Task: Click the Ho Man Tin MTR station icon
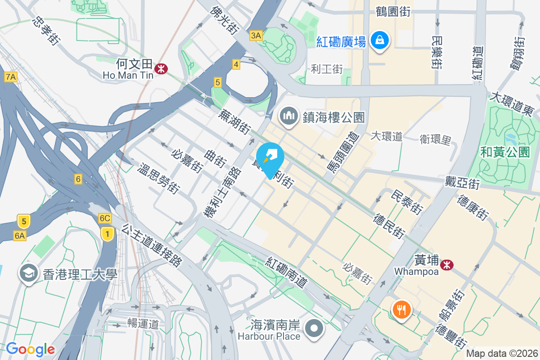(x=161, y=68)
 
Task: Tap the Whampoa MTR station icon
(x=447, y=265)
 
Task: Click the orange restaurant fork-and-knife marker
(x=400, y=310)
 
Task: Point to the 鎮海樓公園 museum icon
(x=288, y=117)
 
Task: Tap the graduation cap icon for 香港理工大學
(x=29, y=273)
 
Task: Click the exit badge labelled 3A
(x=256, y=36)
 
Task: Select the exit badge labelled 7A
(x=11, y=77)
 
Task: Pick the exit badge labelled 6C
(x=105, y=218)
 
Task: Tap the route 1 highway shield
(x=107, y=234)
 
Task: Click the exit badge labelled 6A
(x=20, y=235)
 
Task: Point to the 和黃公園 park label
(x=505, y=152)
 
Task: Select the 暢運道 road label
(x=143, y=323)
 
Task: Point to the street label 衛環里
(x=435, y=139)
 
